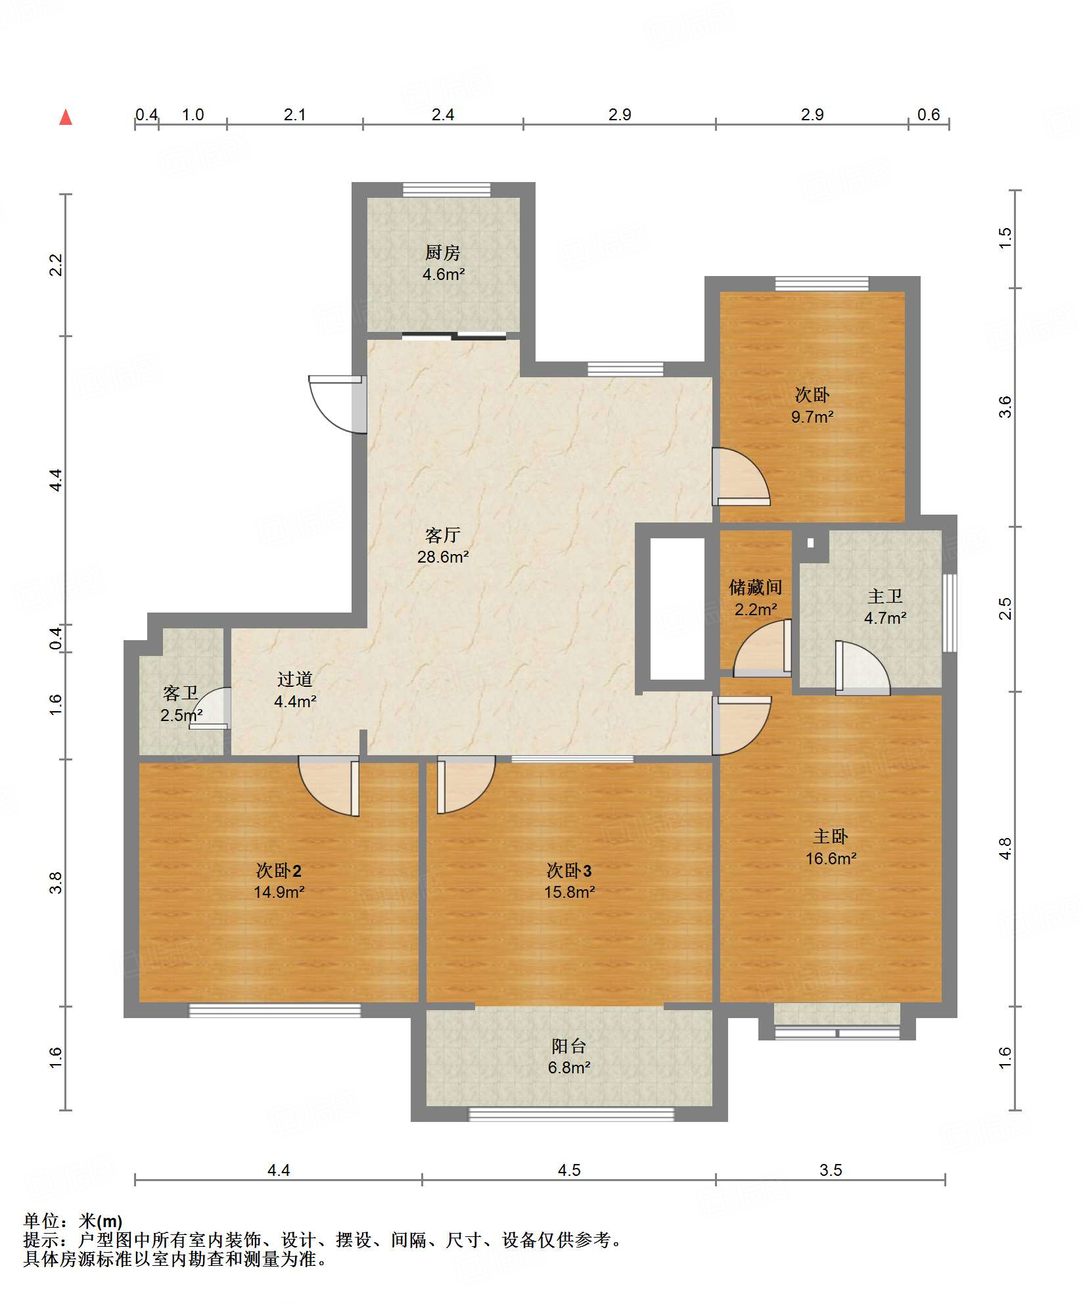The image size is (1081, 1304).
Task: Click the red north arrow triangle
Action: (x=66, y=117)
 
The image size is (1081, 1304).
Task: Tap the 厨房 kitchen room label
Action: (x=442, y=252)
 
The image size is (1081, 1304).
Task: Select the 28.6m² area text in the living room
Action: (x=443, y=557)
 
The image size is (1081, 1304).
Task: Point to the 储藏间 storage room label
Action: (x=755, y=587)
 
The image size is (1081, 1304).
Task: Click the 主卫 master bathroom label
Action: (x=885, y=596)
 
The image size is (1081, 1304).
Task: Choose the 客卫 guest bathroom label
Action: (x=181, y=693)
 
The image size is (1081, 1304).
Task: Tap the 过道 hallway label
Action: (x=294, y=679)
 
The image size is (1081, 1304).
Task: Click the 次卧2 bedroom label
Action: (x=279, y=870)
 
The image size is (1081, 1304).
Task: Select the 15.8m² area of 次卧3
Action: (x=569, y=892)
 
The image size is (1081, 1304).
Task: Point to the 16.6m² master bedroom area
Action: (x=831, y=858)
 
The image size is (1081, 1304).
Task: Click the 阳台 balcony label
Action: (x=568, y=1045)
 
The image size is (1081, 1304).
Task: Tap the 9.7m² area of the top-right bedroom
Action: (x=812, y=417)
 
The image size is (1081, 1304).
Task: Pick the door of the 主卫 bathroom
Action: (x=863, y=668)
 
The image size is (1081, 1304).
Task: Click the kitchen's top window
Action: (x=447, y=190)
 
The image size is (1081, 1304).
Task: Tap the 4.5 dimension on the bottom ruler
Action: (x=569, y=1170)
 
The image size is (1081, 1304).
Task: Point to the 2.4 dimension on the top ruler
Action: (x=443, y=114)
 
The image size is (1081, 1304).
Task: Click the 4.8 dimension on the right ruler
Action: (x=1005, y=849)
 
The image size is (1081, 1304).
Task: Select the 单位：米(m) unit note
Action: (x=73, y=1221)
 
